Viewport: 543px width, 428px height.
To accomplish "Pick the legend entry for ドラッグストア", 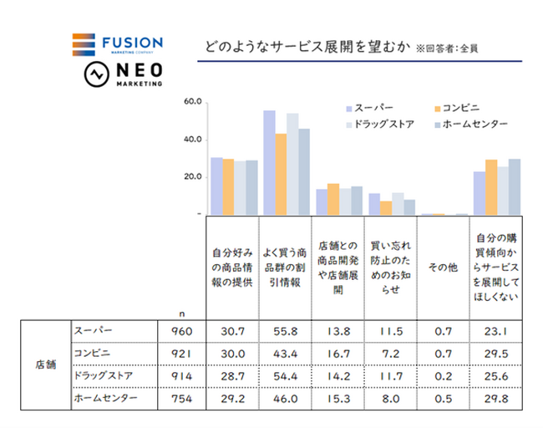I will point(388,125).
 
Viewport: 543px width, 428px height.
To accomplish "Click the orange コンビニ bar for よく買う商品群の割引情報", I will point(281,174).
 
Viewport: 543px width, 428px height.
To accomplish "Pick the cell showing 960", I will point(182,331).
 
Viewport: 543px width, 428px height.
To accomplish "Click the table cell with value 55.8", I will point(284,331).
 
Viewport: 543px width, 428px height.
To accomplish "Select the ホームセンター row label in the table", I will point(105,398).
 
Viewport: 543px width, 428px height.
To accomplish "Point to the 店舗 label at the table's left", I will point(46,364).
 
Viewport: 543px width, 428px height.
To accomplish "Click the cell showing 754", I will point(182,399).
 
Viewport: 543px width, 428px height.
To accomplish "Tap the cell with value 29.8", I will point(496,399).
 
